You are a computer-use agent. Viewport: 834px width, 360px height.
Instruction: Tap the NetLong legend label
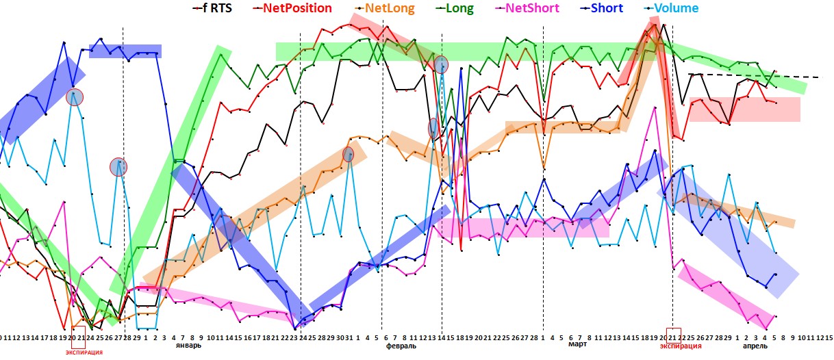388,8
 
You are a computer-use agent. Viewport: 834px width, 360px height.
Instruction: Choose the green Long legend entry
459,8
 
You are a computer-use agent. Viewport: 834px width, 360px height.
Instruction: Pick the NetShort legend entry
531,8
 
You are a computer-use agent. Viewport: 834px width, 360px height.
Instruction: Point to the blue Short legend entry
606,8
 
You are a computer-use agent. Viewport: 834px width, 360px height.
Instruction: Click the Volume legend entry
675,8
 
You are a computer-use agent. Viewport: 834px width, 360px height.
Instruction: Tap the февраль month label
401,346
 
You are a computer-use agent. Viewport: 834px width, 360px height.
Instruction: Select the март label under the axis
577,346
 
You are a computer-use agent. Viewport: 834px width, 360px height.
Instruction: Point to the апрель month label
756,346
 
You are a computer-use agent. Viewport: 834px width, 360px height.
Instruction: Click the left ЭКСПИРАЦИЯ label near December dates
84,352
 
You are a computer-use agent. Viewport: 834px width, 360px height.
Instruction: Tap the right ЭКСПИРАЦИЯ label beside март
681,346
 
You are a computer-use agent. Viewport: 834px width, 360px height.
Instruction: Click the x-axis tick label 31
349,337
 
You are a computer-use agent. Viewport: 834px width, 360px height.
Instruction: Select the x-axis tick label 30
340,337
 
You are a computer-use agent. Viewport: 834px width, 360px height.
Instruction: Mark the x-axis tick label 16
247,337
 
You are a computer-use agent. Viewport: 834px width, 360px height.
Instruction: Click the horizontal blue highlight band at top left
125,51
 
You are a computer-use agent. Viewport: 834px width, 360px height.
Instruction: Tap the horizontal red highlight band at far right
744,110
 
